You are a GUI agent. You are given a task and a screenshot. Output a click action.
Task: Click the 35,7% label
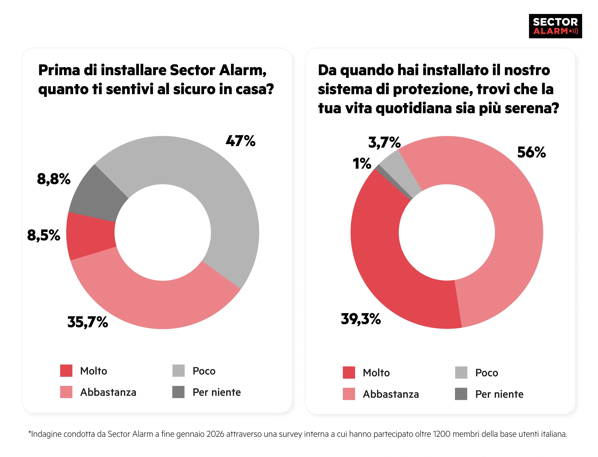pyautogui.click(x=87, y=322)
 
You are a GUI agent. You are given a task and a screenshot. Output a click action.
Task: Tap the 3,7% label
pyautogui.click(x=384, y=142)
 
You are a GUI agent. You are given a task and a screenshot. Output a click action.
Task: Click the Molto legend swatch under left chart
pyautogui.click(x=66, y=370)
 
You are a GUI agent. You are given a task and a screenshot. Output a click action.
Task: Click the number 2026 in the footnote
pyautogui.click(x=215, y=434)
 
